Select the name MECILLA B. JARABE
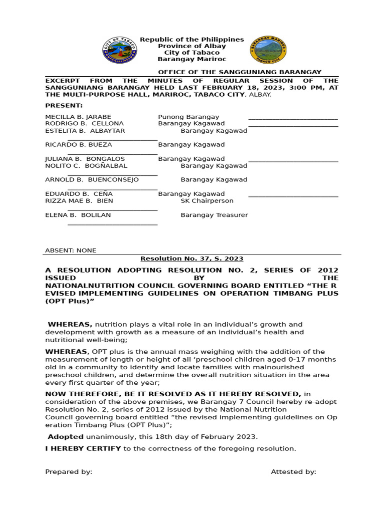(x=78, y=117)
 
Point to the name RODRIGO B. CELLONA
(x=84, y=123)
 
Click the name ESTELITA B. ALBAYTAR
(x=85, y=131)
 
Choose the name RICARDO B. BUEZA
(x=78, y=145)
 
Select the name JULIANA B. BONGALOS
(x=85, y=159)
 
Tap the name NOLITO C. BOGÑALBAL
(x=86, y=166)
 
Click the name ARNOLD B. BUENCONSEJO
(x=92, y=180)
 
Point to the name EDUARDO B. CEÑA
(x=79, y=194)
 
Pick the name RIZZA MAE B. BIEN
(x=79, y=201)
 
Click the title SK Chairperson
(x=207, y=201)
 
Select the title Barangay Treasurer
(x=214, y=215)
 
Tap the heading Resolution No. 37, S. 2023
(x=191, y=259)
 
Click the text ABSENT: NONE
(x=70, y=250)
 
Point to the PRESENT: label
(x=64, y=106)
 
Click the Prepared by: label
(x=68, y=471)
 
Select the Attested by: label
(x=293, y=471)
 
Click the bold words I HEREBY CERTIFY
(x=83, y=448)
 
